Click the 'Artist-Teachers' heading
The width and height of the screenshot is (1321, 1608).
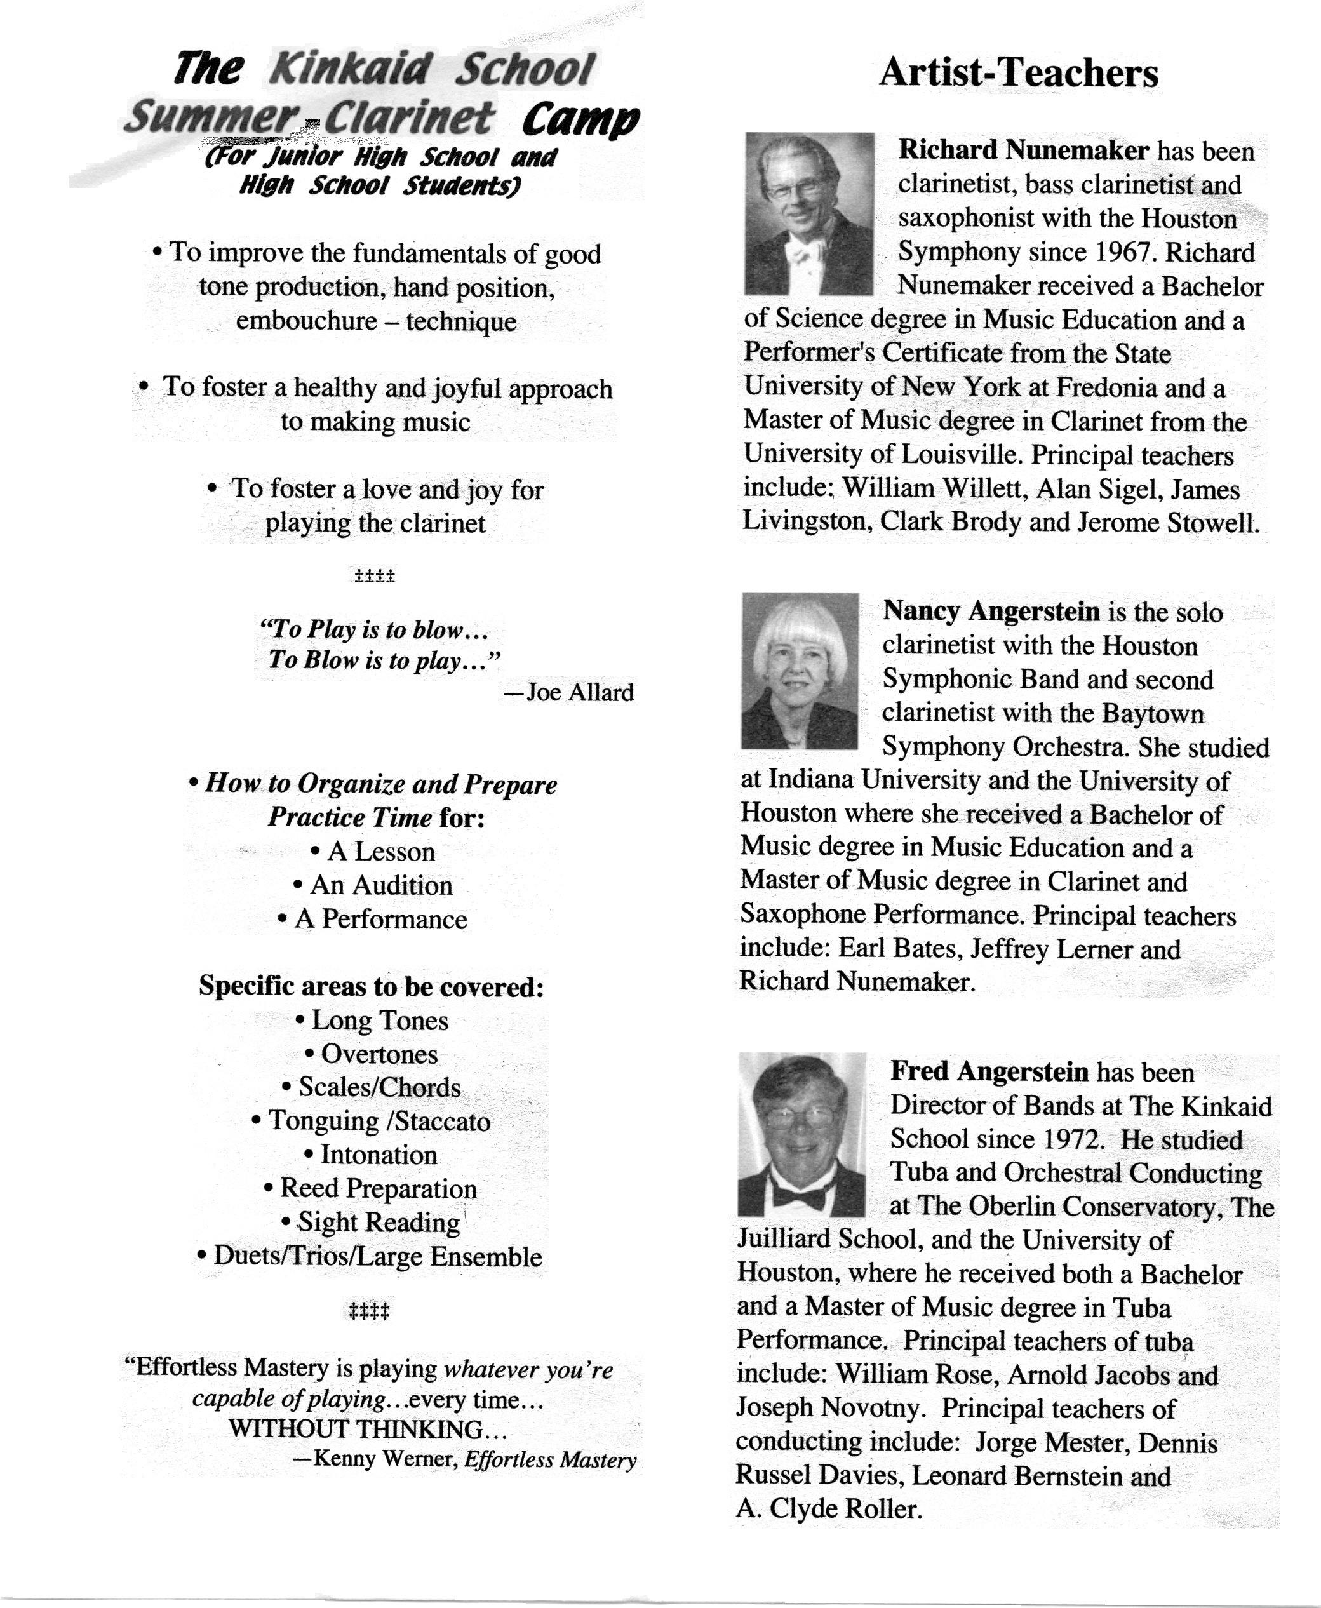1018,73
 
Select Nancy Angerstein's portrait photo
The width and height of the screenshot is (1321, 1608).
799,671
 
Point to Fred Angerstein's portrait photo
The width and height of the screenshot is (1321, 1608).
801,1134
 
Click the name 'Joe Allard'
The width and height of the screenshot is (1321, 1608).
580,692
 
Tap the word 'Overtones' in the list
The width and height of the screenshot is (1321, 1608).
379,1054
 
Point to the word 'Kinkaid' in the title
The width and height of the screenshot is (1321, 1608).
351,69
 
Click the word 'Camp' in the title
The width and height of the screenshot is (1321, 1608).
580,119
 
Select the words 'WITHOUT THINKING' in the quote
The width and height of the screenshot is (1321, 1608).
356,1428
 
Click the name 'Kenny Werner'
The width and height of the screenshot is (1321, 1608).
384,1458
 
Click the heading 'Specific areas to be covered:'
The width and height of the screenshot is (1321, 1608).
372,986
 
